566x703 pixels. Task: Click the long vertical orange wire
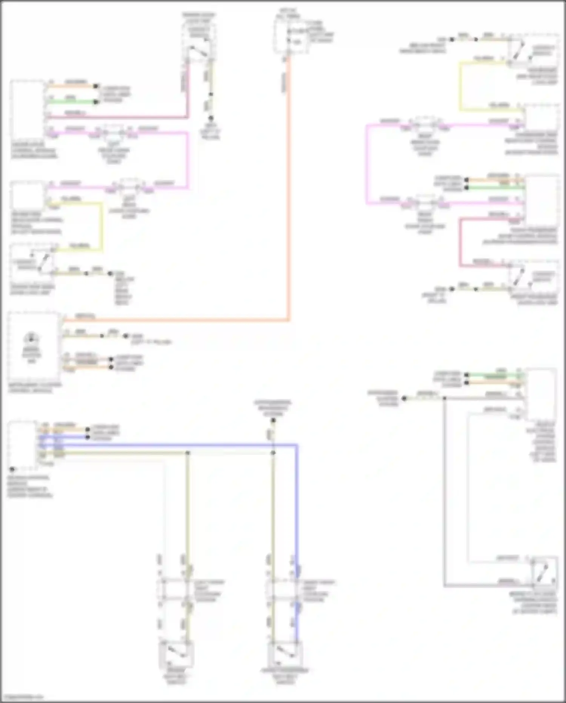[x=289, y=189]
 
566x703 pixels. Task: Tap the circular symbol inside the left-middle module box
[x=31, y=337]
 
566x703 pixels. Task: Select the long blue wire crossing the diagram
[x=189, y=445]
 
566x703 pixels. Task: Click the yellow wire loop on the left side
[x=101, y=227]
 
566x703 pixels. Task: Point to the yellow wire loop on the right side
[x=460, y=87]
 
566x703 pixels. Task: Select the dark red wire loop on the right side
[x=460, y=242]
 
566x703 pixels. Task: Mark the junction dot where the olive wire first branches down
[x=188, y=453]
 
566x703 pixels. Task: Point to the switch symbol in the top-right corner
[x=521, y=51]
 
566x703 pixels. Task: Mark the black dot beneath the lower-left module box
[x=12, y=470]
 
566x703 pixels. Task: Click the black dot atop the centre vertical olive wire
[x=274, y=420]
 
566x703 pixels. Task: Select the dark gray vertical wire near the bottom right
[x=444, y=491]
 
